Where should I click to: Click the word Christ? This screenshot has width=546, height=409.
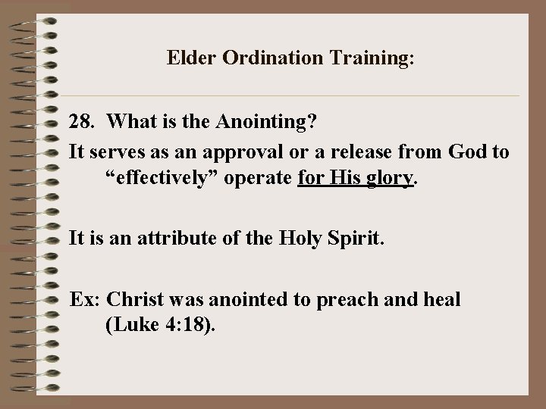tap(133, 299)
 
